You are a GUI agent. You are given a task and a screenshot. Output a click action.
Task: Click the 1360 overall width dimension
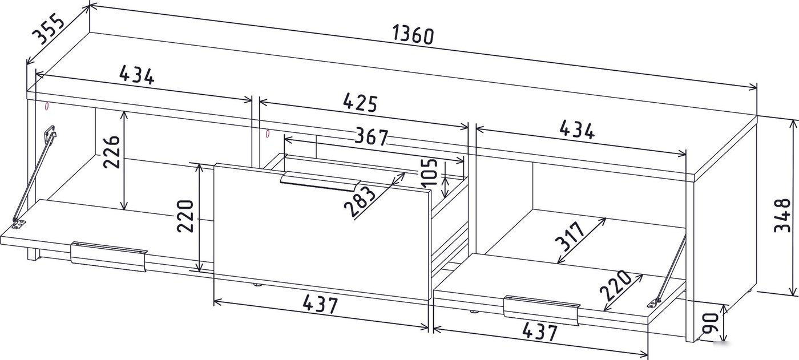click(413, 35)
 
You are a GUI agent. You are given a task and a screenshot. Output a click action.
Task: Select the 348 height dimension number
click(782, 215)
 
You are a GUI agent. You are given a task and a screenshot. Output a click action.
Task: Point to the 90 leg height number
click(709, 323)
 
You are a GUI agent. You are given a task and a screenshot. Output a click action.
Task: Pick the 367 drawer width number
click(372, 137)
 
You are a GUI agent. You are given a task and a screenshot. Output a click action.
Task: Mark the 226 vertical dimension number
click(111, 151)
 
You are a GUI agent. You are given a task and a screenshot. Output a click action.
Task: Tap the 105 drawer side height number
click(429, 172)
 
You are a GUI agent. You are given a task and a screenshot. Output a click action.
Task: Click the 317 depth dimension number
click(570, 236)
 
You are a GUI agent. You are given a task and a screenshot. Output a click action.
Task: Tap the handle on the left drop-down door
click(109, 257)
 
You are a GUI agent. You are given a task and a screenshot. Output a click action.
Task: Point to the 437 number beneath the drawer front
click(320, 305)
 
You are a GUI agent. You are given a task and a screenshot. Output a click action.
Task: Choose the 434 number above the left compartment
click(136, 75)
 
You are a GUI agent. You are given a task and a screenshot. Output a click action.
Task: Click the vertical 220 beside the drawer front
click(185, 216)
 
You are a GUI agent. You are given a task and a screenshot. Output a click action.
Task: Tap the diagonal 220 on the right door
click(615, 285)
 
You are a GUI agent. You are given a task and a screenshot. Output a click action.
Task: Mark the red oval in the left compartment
click(47, 106)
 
